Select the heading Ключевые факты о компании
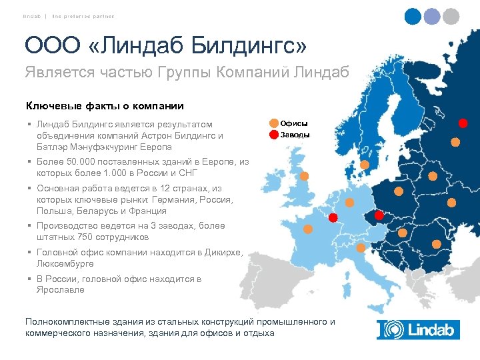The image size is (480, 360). pos(105,105)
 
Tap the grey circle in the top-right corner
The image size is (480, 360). pos(451,17)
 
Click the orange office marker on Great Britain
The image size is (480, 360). pos(304,177)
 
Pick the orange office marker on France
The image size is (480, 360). pos(308,229)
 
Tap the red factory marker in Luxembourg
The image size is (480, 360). pos(333,217)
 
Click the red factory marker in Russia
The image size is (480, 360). pos(463,123)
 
